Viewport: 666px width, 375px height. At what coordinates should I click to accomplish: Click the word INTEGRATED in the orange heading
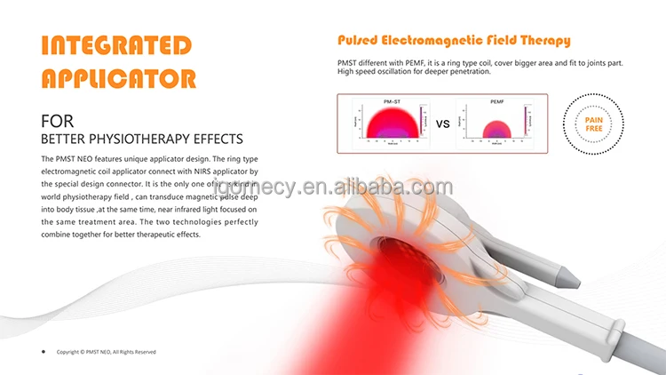pos(115,45)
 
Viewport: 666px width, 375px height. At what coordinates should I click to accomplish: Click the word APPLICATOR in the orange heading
pos(119,78)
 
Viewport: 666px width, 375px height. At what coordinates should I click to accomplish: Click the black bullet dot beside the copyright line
pos(44,351)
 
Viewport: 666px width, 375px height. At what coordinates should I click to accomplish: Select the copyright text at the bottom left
pos(106,352)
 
